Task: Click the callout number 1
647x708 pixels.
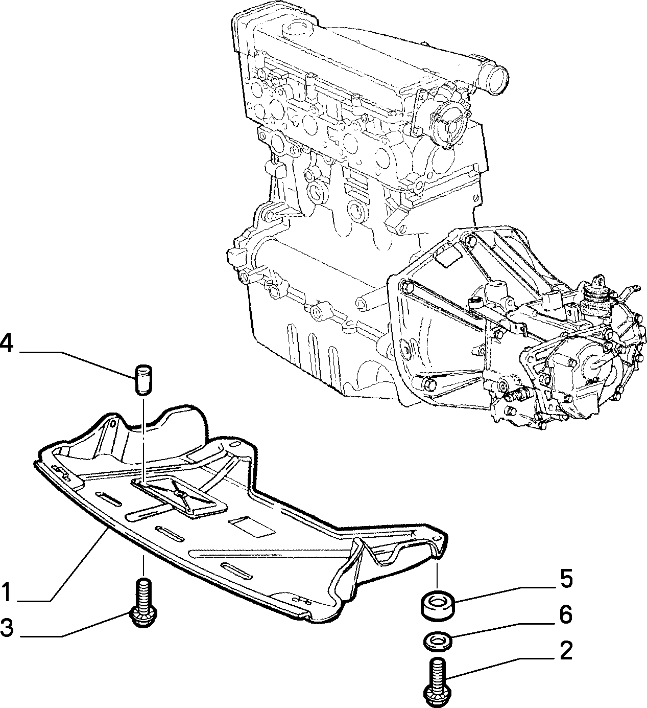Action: pyautogui.click(x=7, y=592)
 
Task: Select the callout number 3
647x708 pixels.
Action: pyautogui.click(x=7, y=628)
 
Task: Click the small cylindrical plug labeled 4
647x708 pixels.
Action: pyautogui.click(x=143, y=380)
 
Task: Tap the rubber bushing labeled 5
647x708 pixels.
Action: pyautogui.click(x=437, y=604)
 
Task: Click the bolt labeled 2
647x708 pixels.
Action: pyautogui.click(x=436, y=682)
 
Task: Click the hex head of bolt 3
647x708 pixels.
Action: pyautogui.click(x=143, y=620)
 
